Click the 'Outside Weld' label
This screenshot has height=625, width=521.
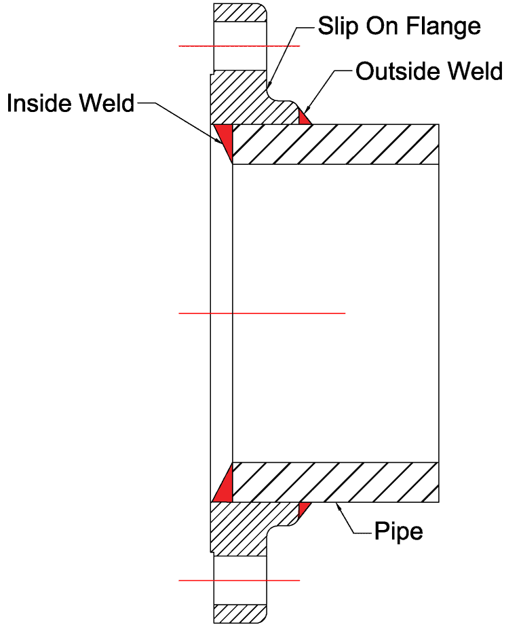click(x=429, y=71)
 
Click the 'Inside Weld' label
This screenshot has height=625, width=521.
click(x=71, y=103)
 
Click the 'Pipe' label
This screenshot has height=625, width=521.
click(x=399, y=531)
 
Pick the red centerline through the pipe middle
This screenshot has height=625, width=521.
click(x=262, y=313)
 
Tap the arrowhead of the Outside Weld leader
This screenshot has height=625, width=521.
click(x=307, y=110)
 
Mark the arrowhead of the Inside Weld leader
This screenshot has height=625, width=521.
click(x=220, y=143)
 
